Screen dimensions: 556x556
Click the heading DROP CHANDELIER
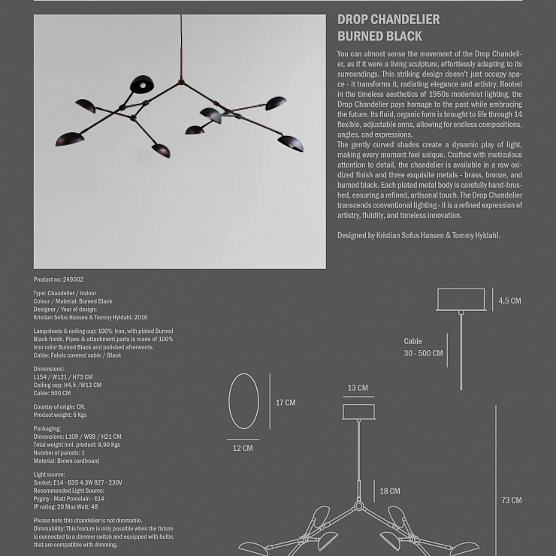[x=388, y=20]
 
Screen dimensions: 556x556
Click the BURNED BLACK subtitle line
[x=379, y=36]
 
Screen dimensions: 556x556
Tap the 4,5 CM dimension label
[x=509, y=301]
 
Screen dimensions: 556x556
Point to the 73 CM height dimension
[x=511, y=500]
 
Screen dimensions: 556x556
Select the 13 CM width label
[x=358, y=388]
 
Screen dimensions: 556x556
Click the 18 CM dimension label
[x=389, y=491]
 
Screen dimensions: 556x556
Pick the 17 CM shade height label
[x=286, y=403]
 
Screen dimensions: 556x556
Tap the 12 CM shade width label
[x=243, y=449]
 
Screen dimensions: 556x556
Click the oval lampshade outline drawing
[x=243, y=401]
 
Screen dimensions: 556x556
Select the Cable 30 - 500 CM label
[x=423, y=347]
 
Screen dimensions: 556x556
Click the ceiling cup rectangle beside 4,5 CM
[x=461, y=300]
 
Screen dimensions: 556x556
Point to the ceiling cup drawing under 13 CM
[x=358, y=412]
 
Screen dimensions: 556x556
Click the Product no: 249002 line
[x=59, y=280]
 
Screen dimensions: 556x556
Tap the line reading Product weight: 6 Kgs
[x=60, y=415]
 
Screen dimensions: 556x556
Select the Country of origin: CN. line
[x=59, y=406]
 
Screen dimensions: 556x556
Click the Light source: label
[x=50, y=475]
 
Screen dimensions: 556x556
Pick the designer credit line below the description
[x=419, y=236]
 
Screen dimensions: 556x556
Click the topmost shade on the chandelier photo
[x=141, y=83]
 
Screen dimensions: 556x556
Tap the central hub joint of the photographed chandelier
[x=180, y=81]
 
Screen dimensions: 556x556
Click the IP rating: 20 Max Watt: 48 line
[x=65, y=507]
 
